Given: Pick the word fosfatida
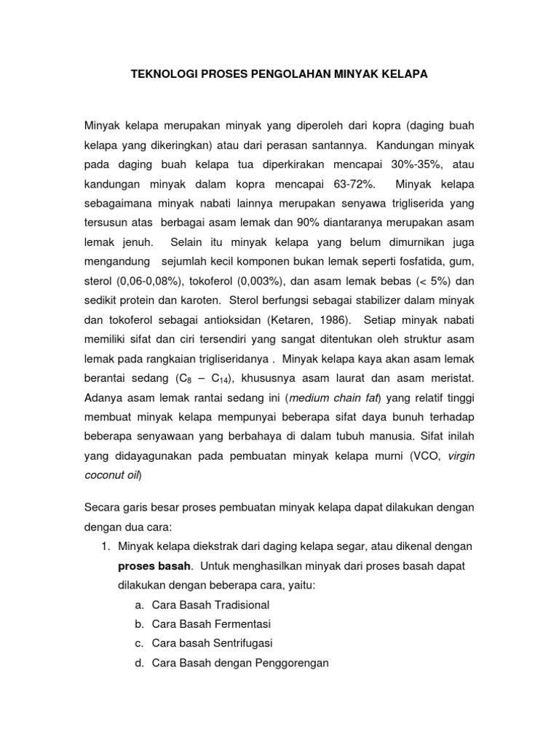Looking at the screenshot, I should click(413, 260).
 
